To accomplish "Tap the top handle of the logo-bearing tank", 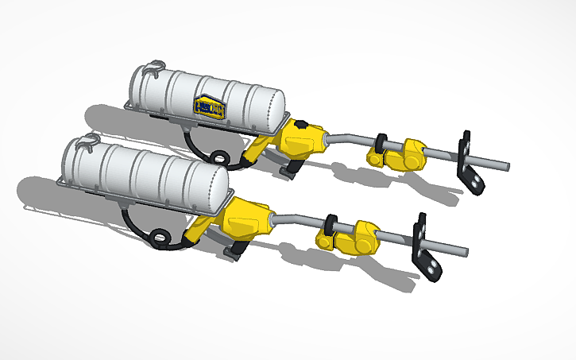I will [156, 66].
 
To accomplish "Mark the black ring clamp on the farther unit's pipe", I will [382, 144].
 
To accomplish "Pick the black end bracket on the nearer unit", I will [423, 247].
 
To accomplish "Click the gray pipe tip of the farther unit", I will [501, 167].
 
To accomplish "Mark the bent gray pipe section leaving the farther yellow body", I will [343, 140].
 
